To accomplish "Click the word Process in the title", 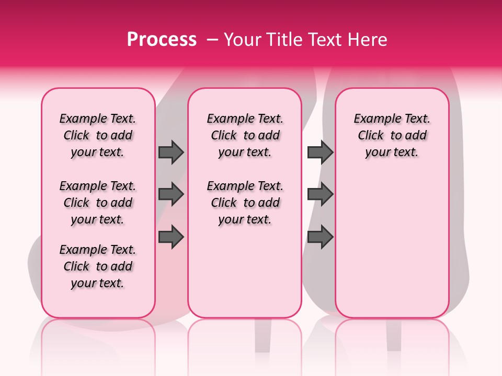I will pyautogui.click(x=162, y=40).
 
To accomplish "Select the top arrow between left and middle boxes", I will pyautogui.click(x=171, y=152).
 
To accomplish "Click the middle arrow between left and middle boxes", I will pyautogui.click(x=171, y=195).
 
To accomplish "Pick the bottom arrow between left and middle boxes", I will pyautogui.click(x=171, y=237).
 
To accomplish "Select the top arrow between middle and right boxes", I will pyautogui.click(x=320, y=152).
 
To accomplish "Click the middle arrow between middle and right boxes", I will pyautogui.click(x=320, y=195).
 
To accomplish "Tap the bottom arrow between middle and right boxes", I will pyautogui.click(x=320, y=237).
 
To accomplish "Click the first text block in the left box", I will pyautogui.click(x=98, y=135).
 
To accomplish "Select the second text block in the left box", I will pyautogui.click(x=98, y=203).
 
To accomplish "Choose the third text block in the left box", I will pyautogui.click(x=98, y=266).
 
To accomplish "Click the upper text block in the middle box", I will pyautogui.click(x=245, y=135).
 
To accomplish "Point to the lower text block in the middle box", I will pyautogui.click(x=245, y=203).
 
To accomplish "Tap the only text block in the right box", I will pyautogui.click(x=392, y=135).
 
